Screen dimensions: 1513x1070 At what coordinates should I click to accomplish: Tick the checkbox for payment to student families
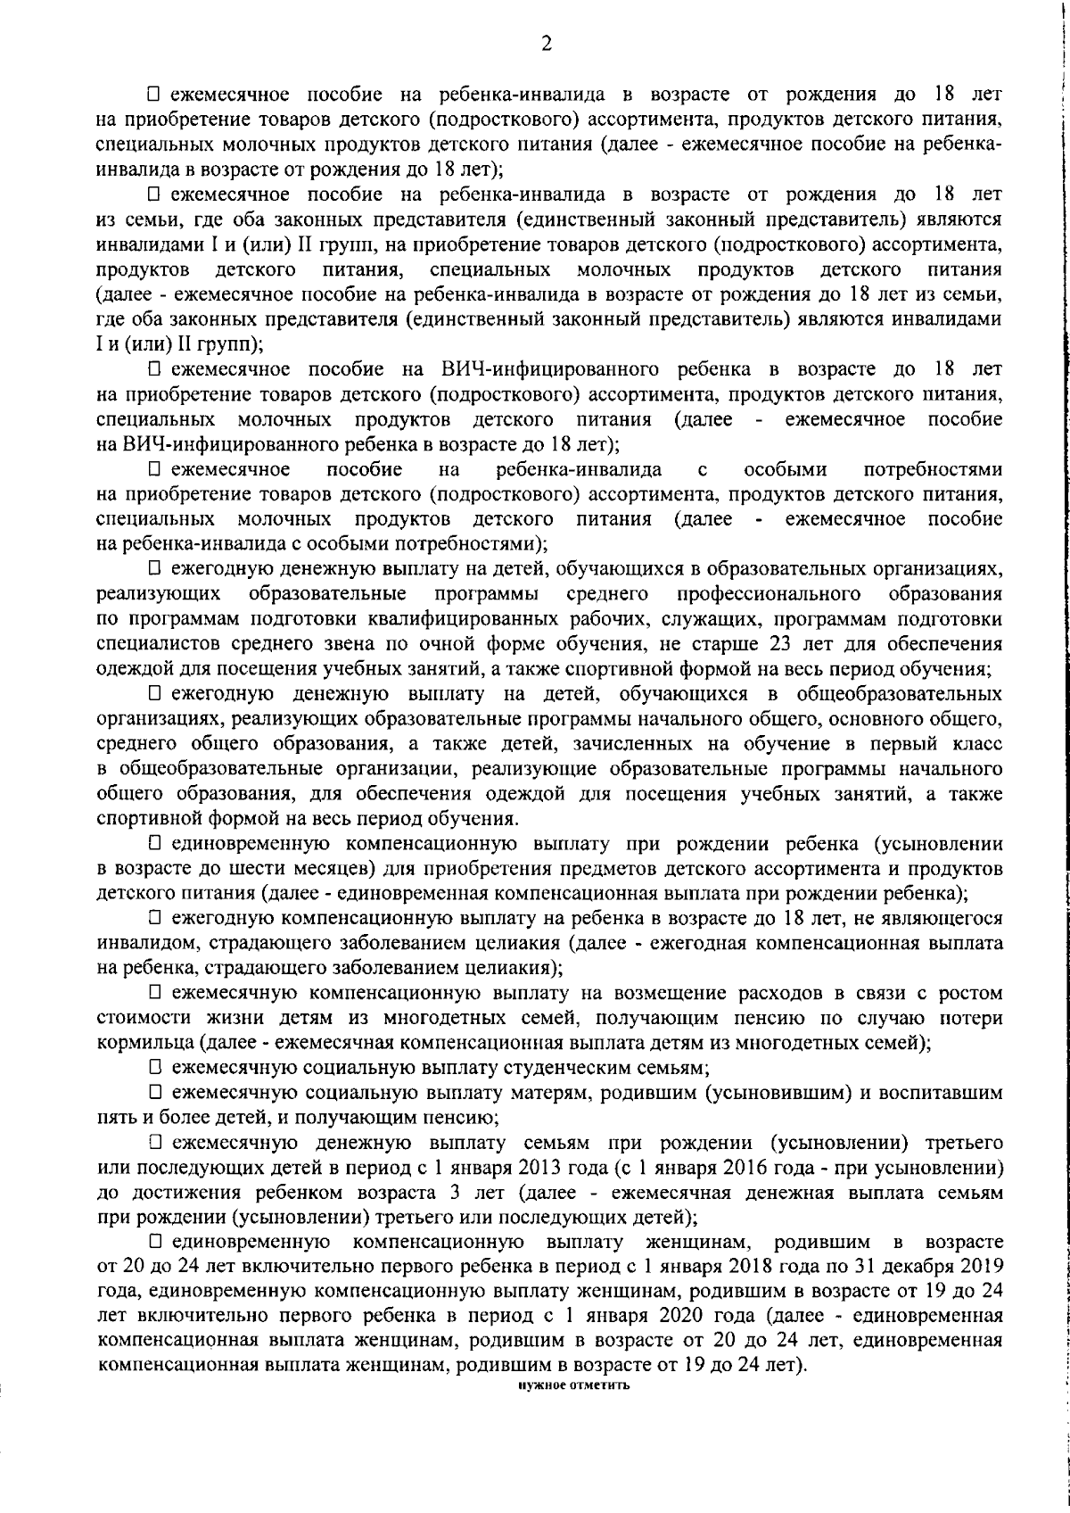tap(155, 1066)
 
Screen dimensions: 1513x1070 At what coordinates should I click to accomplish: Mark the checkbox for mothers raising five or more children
tap(155, 1091)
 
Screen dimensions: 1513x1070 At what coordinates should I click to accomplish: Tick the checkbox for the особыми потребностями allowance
tap(155, 469)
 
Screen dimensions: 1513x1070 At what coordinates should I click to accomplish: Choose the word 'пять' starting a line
tap(113, 1116)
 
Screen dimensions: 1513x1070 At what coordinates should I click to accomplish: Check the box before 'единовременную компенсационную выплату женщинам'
tap(155, 1241)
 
